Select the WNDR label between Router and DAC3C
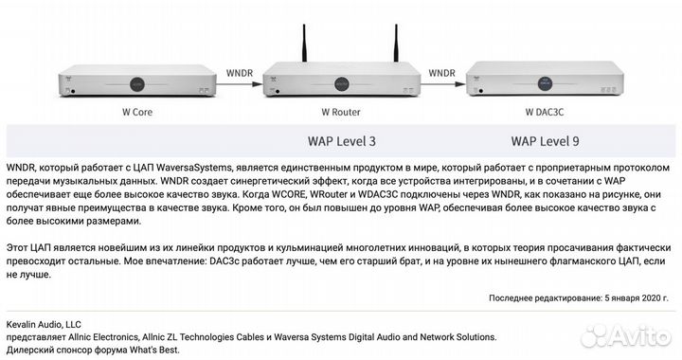pos(443,71)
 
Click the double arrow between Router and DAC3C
pos(443,83)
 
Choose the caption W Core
pos(136,111)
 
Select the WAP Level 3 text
pos(342,141)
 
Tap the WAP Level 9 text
pos(546,141)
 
